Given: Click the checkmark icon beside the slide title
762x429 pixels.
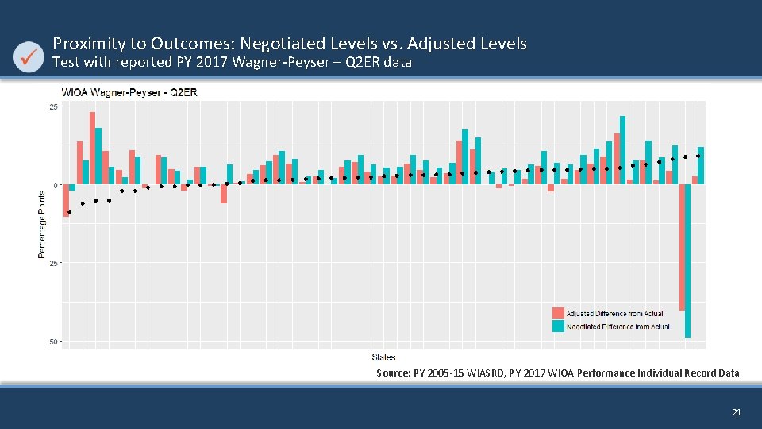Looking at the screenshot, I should [30, 56].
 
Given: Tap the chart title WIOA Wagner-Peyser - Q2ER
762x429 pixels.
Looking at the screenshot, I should [129, 92].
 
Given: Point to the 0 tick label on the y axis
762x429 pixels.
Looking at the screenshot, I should [56, 184].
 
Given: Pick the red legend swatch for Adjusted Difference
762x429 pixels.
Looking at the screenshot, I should [558, 313].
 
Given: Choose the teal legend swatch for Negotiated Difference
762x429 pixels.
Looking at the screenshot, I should [558, 326].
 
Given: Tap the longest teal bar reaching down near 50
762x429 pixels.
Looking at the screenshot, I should [688, 262].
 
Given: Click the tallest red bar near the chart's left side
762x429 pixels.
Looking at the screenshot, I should [92, 147].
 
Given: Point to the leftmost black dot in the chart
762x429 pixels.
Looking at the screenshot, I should [70, 212].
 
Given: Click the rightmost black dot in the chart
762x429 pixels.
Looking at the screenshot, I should [698, 156].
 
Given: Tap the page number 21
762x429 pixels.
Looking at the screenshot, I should [736, 412].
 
